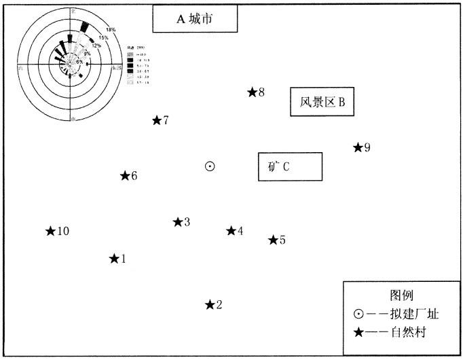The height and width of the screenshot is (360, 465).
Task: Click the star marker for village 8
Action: coord(252,92)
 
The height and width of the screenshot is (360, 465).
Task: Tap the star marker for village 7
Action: coord(157,120)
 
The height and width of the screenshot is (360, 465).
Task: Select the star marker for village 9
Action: coord(358,147)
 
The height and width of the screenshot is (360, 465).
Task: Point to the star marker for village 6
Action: coord(125,176)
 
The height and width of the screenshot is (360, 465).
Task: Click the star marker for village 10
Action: coord(50,231)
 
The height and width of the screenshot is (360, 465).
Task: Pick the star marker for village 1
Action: coord(114,258)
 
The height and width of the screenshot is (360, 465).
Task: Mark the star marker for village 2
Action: coord(210,304)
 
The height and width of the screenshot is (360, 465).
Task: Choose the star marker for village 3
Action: coord(178,222)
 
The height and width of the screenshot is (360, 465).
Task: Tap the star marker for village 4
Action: coord(231,231)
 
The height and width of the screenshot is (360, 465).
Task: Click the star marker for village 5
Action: coord(273,240)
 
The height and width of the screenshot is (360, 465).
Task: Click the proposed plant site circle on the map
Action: coord(210,166)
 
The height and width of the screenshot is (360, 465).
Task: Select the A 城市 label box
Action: coord(195,19)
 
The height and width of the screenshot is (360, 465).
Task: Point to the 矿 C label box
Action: coord(290,166)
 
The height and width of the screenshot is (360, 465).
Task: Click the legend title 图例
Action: coord(401,296)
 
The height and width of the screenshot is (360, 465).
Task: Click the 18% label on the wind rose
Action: coord(111,30)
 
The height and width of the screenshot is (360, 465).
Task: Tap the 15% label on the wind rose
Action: coord(103,38)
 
